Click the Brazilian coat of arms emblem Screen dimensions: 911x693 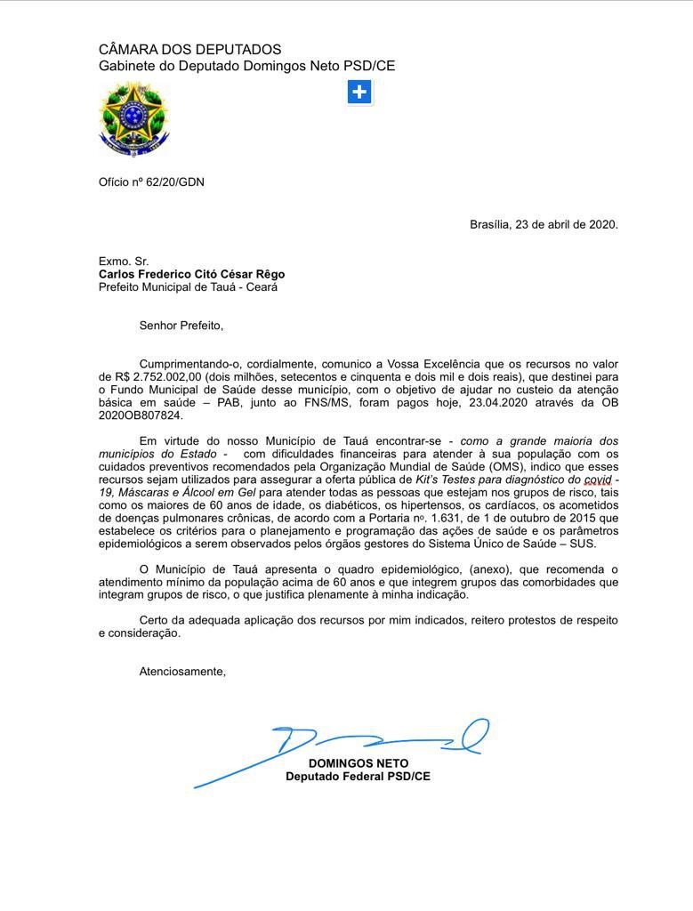pos(133,118)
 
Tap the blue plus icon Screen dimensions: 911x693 pos(359,92)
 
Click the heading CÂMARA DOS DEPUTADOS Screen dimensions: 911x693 pos(189,50)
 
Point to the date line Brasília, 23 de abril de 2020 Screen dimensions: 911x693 pos(544,224)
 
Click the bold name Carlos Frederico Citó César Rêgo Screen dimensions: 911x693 pos(191,275)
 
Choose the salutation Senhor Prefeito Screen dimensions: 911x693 pos(181,326)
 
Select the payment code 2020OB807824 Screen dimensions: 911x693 pos(140,415)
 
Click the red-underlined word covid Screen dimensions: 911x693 pos(594,480)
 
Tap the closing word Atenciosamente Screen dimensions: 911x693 pos(181,672)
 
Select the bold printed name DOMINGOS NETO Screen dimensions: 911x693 pos(358,763)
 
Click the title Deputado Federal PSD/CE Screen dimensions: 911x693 pos(358,777)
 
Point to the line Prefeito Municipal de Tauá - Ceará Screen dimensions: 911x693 pos(188,287)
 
